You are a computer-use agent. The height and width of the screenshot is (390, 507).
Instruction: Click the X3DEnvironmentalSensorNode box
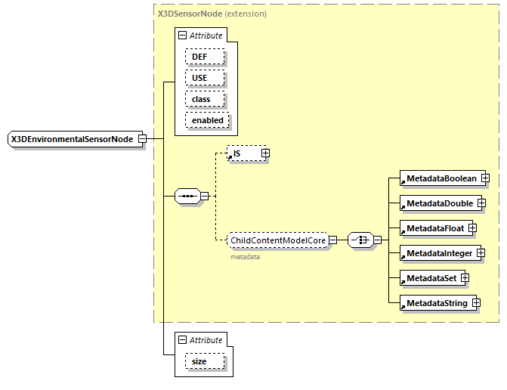pyautogui.click(x=72, y=139)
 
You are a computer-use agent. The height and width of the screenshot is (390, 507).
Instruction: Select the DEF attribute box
pyautogui.click(x=199, y=57)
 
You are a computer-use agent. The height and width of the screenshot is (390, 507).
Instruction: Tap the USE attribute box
pyautogui.click(x=199, y=78)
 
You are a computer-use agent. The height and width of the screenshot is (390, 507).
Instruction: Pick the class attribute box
pyautogui.click(x=200, y=99)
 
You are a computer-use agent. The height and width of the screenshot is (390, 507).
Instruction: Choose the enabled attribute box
pyautogui.click(x=207, y=120)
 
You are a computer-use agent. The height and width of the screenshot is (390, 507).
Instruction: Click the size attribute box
pyautogui.click(x=199, y=362)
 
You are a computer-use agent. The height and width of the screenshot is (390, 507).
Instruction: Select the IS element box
pyautogui.click(x=243, y=153)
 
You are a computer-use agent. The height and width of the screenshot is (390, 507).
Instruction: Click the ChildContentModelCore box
pyautogui.click(x=277, y=240)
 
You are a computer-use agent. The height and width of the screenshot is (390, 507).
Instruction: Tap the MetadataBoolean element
pyautogui.click(x=441, y=178)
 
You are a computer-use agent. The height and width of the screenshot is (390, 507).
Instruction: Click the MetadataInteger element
pyautogui.click(x=438, y=253)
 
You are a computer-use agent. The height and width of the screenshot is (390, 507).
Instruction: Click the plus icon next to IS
pyautogui.click(x=265, y=153)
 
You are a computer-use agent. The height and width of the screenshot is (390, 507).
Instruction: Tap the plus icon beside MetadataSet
pyautogui.click(x=465, y=278)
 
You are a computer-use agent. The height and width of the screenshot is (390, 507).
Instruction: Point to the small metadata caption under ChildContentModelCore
pyautogui.click(x=245, y=257)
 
